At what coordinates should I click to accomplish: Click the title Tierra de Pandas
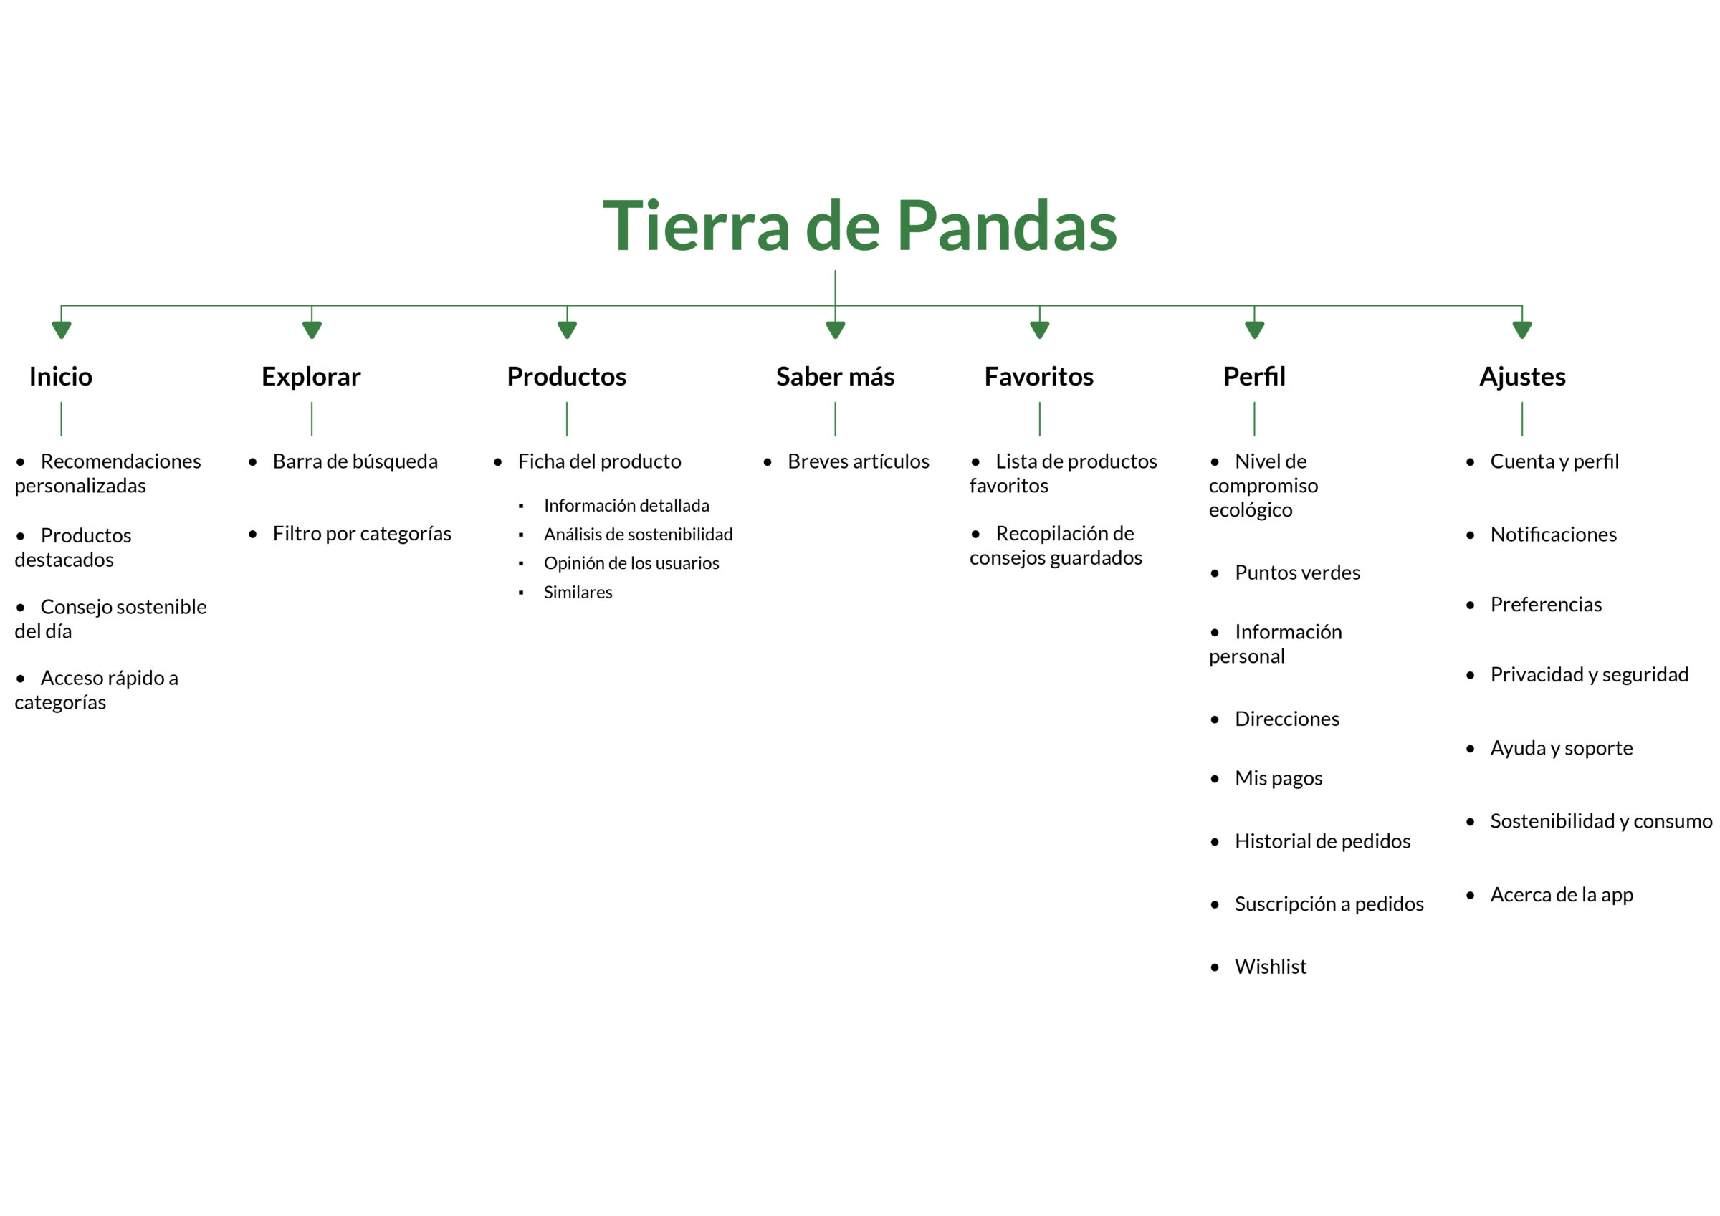click(860, 226)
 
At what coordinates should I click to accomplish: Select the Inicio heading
click(61, 376)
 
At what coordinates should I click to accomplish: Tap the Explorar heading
click(311, 377)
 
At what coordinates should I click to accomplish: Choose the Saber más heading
click(836, 376)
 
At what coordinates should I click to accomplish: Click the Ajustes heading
click(1522, 377)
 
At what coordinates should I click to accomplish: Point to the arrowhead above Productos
click(567, 330)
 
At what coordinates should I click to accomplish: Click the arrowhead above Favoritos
click(1040, 330)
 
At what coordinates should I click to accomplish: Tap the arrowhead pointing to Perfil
click(1255, 330)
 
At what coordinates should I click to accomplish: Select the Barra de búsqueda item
click(355, 461)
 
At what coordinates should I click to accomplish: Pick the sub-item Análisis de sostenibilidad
click(639, 535)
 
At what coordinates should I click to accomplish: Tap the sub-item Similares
click(578, 592)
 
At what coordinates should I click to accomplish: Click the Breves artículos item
click(859, 461)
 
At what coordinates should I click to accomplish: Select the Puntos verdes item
click(1297, 573)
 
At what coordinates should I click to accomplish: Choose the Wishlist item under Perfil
click(1271, 967)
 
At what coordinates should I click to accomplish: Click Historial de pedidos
click(1322, 841)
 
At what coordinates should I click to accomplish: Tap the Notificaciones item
click(1554, 535)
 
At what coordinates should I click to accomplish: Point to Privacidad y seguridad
click(1590, 675)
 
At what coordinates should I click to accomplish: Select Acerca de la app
click(1562, 894)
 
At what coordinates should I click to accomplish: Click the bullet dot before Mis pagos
click(1215, 779)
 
